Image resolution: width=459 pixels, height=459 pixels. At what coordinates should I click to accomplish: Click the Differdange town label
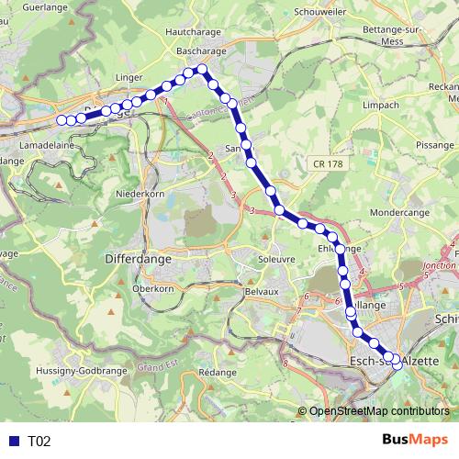pos(139,260)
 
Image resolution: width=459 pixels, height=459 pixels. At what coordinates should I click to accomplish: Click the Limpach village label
pos(380,105)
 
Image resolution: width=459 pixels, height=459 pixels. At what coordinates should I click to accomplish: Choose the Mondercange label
pos(398,211)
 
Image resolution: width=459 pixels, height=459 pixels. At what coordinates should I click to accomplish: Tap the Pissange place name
pos(435,145)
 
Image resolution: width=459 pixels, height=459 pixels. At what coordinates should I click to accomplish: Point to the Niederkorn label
pos(139,194)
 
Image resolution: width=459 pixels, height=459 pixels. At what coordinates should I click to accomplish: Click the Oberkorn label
pos(152,288)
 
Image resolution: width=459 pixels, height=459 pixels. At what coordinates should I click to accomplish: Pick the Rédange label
pos(218,373)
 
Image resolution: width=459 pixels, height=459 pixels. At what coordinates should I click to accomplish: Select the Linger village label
pos(105,79)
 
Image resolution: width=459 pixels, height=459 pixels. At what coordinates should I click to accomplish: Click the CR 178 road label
pos(327,163)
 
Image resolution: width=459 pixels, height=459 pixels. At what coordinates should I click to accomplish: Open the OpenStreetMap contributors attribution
pos(378,412)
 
